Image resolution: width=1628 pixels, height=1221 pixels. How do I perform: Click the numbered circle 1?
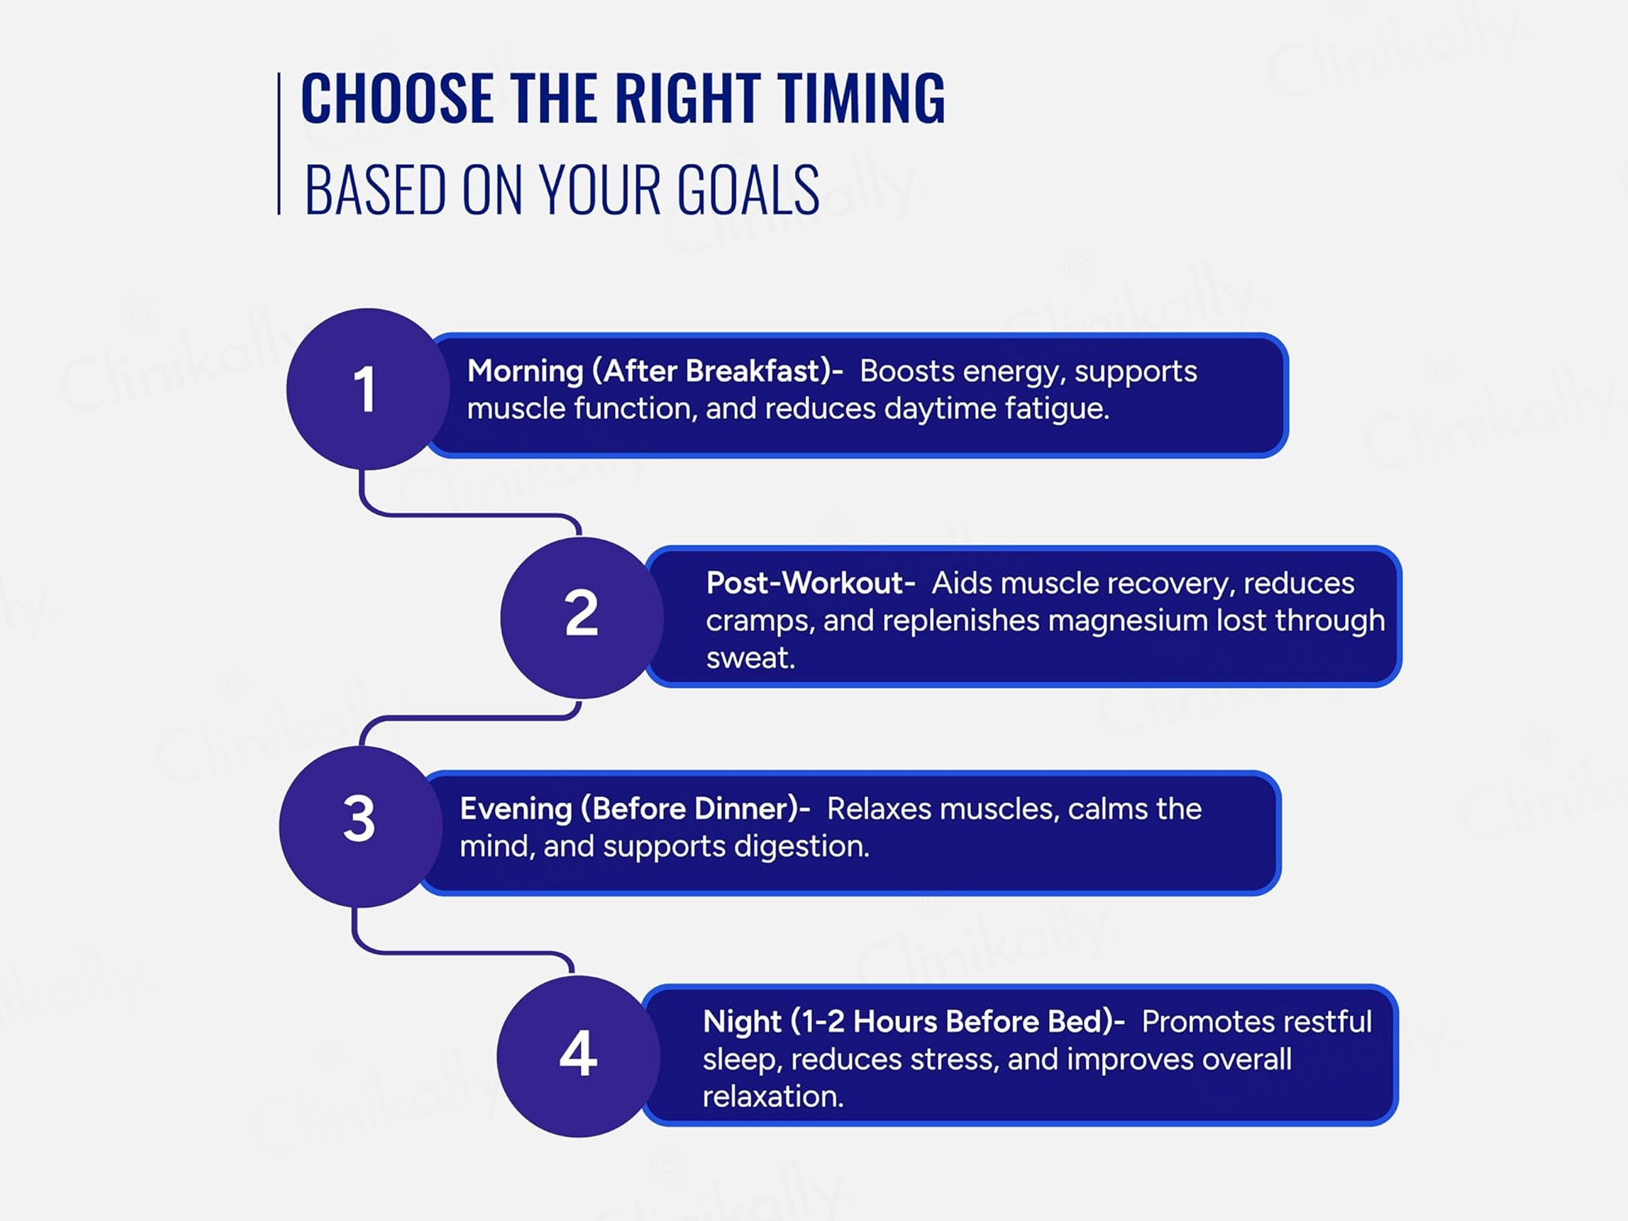click(x=368, y=389)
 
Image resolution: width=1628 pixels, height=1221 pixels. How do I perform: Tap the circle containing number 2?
click(x=581, y=617)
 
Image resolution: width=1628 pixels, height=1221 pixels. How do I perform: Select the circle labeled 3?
click(x=360, y=827)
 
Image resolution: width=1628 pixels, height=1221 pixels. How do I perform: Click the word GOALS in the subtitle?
click(x=748, y=190)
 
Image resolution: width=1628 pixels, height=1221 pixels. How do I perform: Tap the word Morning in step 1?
click(x=526, y=371)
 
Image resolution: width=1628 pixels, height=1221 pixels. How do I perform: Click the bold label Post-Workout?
click(x=810, y=583)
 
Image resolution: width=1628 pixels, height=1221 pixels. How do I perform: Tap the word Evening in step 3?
click(x=516, y=809)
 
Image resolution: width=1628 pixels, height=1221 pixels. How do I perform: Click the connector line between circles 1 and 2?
click(x=471, y=515)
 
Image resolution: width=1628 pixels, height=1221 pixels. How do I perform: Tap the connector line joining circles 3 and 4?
click(x=464, y=953)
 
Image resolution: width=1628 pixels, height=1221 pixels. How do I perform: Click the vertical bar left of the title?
click(x=279, y=143)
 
